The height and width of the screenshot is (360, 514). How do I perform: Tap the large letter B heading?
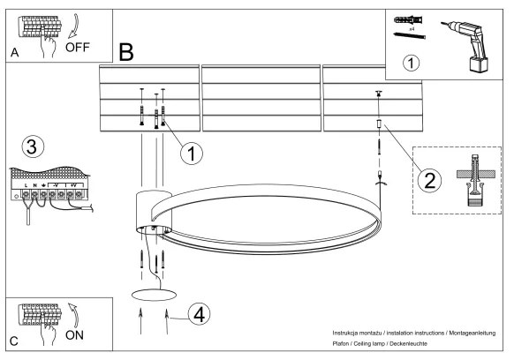click(126, 54)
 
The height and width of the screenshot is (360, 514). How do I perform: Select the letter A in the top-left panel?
click(15, 53)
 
